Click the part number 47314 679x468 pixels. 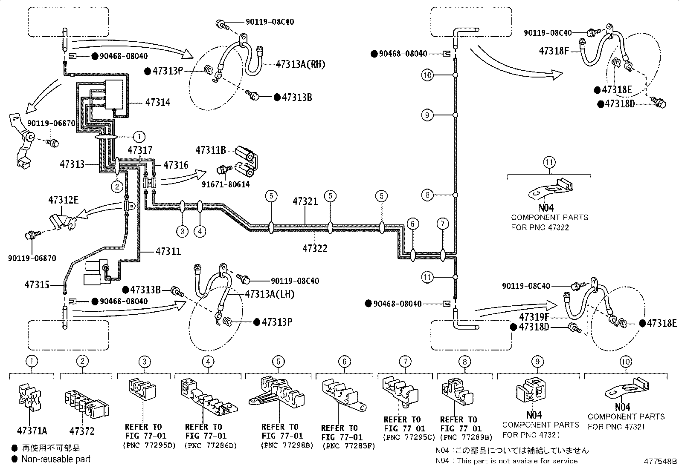click(158, 102)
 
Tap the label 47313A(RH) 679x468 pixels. click(300, 64)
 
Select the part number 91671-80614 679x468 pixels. click(226, 184)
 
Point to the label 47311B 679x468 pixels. click(211, 150)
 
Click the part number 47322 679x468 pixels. click(315, 249)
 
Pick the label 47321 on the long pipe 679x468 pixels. click(305, 201)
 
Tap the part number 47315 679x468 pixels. click(37, 285)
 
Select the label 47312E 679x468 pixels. click(64, 200)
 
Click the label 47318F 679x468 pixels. click(554, 51)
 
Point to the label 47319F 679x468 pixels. click(534, 317)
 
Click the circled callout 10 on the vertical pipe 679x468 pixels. click(427, 75)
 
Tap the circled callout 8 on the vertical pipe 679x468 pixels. click(427, 195)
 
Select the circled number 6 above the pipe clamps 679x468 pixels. click(412, 224)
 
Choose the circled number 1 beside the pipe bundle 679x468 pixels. click(139, 137)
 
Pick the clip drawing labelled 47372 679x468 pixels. click(87, 404)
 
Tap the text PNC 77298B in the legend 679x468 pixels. click(287, 445)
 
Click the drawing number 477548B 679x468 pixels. click(660, 461)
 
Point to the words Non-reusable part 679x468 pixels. click(56, 459)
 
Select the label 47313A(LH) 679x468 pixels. click(270, 294)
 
